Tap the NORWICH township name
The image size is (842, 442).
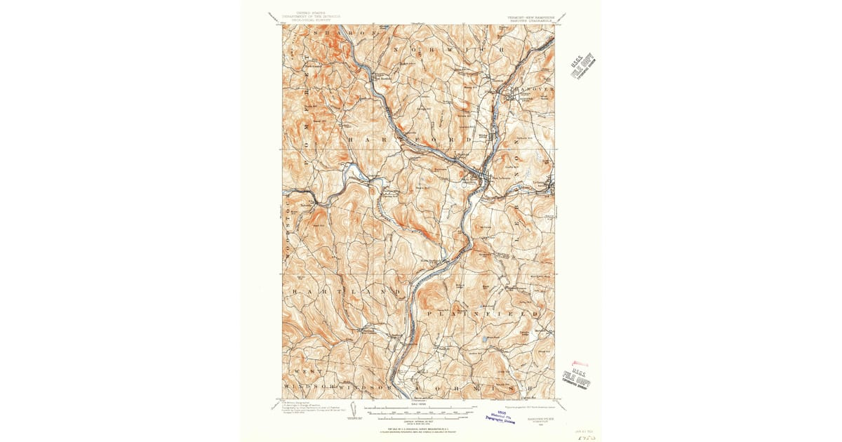point(448,51)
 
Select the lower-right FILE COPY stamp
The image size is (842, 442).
point(577,379)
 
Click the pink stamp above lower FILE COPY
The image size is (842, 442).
point(580,363)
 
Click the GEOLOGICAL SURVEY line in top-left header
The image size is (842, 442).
point(309,20)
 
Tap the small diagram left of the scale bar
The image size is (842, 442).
point(353,408)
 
